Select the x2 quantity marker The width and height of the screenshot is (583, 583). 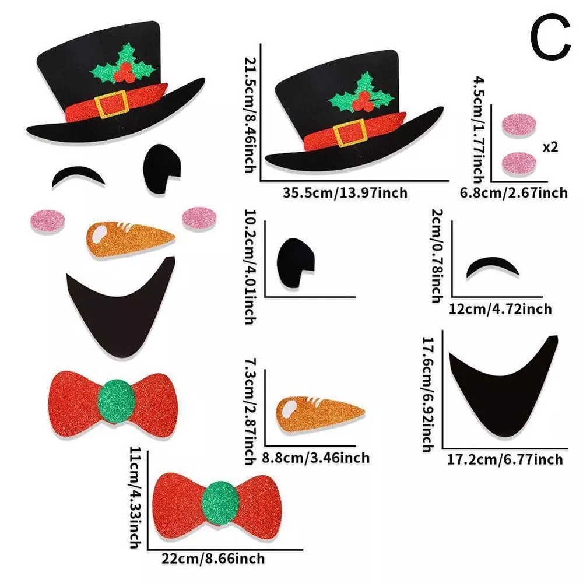point(550,147)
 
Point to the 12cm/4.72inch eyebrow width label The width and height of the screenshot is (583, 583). point(500,308)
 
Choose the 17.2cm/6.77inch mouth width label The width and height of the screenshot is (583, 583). point(505,459)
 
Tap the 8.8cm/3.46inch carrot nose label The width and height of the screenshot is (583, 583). point(315,458)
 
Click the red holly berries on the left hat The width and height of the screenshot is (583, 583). point(123,73)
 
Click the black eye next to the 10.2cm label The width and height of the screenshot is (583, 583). point(295,263)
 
